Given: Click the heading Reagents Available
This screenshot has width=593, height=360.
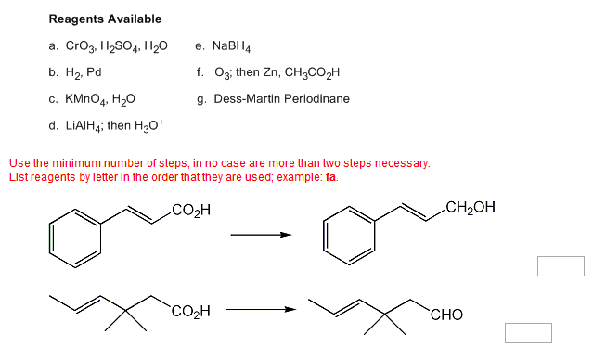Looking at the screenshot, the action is (x=105, y=19).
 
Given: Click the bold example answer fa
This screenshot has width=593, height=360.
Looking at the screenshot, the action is (x=331, y=176).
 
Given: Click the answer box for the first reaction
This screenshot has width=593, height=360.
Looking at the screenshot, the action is (x=560, y=265).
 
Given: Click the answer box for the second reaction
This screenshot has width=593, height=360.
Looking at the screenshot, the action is (x=528, y=332).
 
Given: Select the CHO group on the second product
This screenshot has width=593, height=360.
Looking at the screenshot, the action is (x=446, y=315).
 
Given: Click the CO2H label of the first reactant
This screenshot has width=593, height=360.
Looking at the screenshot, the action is (x=191, y=208).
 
